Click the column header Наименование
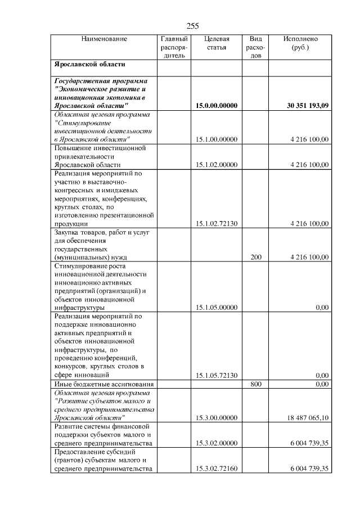click(104, 39)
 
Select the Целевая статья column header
click(217, 43)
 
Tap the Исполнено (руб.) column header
click(300, 43)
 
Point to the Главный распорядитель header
click(174, 47)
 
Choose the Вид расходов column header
click(255, 47)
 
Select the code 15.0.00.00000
click(217, 106)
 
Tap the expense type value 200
click(256, 257)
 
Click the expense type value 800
click(256, 384)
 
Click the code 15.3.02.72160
click(217, 469)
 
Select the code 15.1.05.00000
click(217, 308)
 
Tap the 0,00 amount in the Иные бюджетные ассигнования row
click(322, 384)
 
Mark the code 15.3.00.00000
click(217, 418)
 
